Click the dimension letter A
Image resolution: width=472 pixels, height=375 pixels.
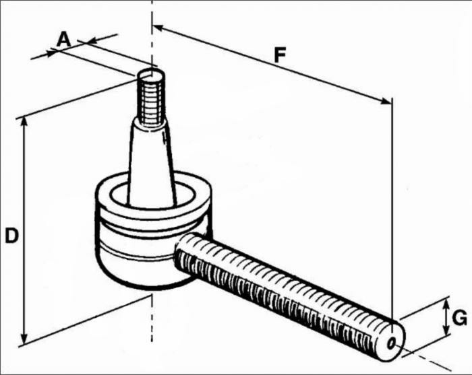pyautogui.click(x=63, y=38)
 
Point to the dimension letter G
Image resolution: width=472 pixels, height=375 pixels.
pyautogui.click(x=460, y=317)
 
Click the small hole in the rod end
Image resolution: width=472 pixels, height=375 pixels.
pyautogui.click(x=392, y=342)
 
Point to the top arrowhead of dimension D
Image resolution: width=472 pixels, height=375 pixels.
pyautogui.click(x=25, y=122)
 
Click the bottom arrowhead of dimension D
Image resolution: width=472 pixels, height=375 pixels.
pyautogui.click(x=25, y=339)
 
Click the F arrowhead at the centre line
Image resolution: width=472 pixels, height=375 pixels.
pyautogui.click(x=157, y=28)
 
